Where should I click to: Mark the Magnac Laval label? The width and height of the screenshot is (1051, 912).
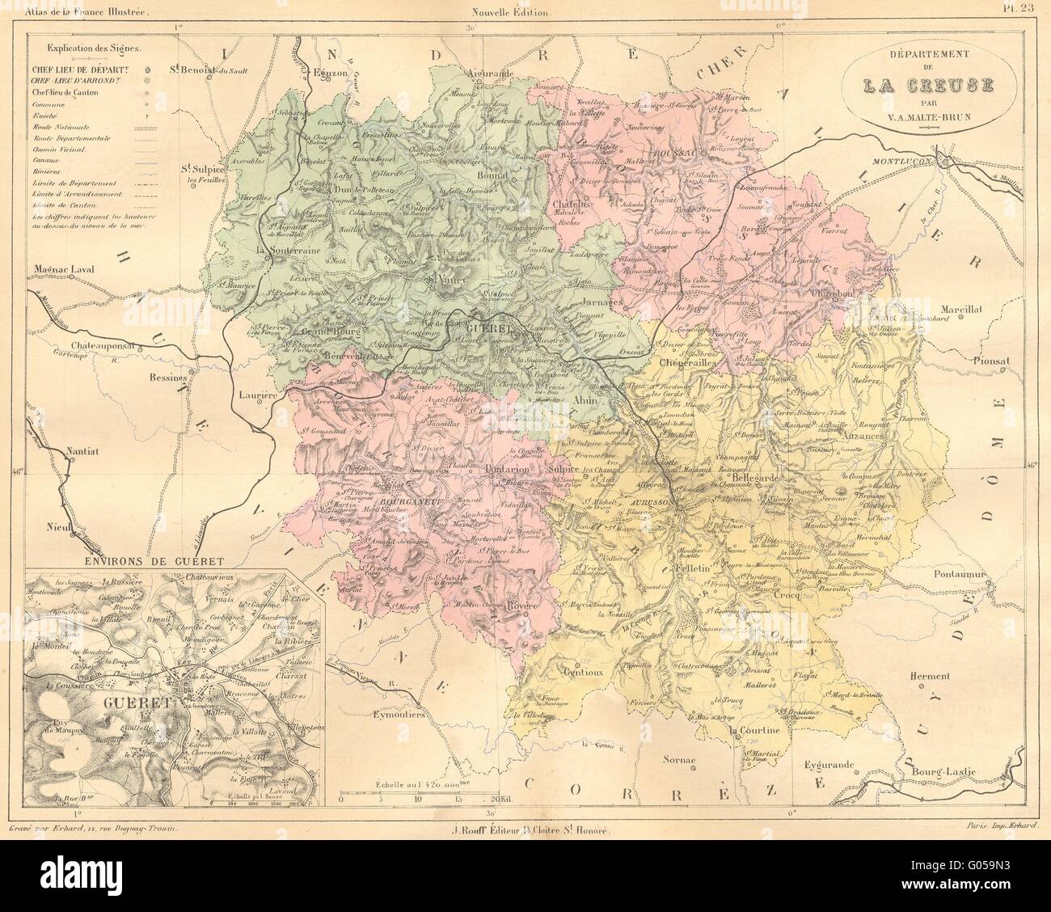click(x=62, y=270)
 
